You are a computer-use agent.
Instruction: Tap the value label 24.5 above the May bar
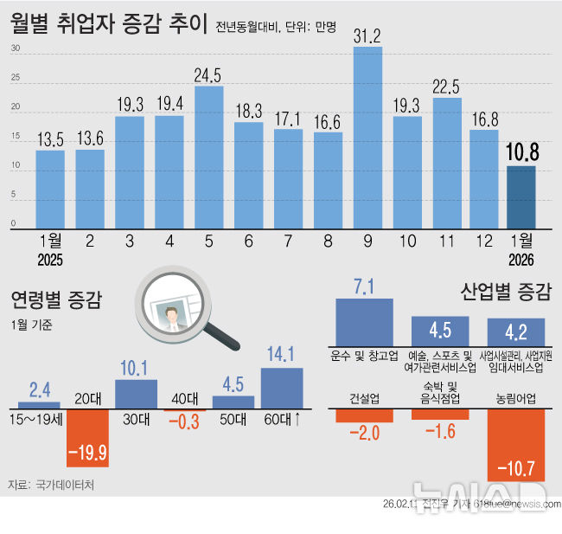208,74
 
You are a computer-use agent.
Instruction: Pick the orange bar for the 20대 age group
87,437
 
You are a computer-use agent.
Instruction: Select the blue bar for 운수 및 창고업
363,322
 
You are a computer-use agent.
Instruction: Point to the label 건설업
363,399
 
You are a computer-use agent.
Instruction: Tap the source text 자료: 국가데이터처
50,485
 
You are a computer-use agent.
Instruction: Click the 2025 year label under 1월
49,259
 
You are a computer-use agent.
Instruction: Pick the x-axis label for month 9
367,241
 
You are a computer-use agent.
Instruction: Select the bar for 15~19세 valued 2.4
39,404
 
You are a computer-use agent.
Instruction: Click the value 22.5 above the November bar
447,85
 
